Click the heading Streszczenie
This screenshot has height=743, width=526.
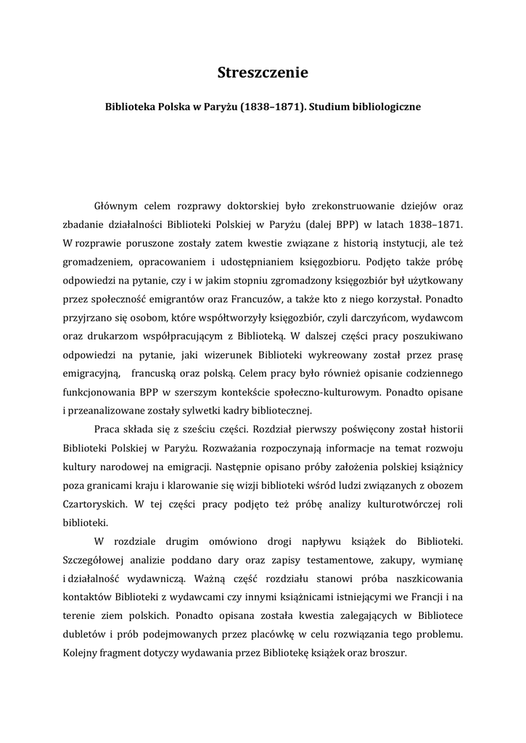(x=263, y=73)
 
